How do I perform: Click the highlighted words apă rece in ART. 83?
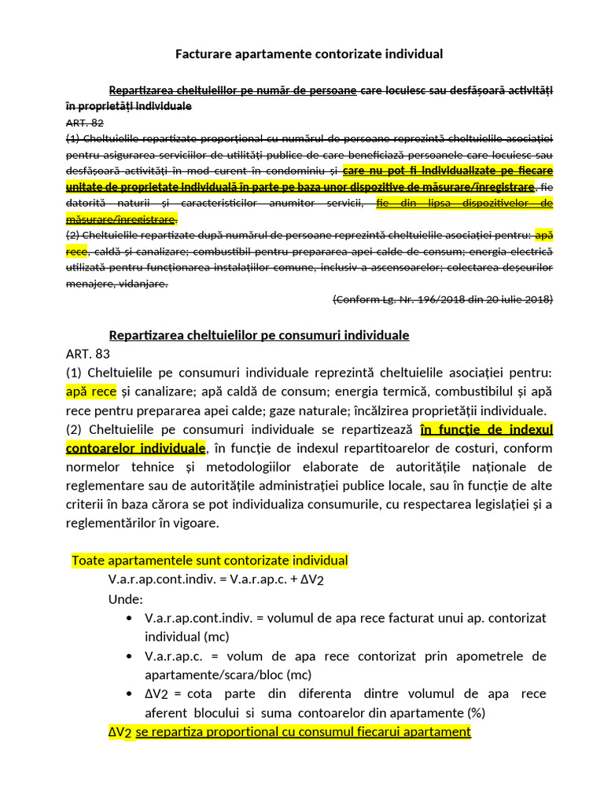click(x=91, y=391)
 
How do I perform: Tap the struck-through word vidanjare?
click(x=144, y=284)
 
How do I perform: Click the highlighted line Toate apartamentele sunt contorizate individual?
click(x=209, y=561)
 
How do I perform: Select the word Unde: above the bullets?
click(x=126, y=599)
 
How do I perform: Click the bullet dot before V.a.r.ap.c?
click(x=129, y=656)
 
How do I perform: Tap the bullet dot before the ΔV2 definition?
click(x=129, y=694)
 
